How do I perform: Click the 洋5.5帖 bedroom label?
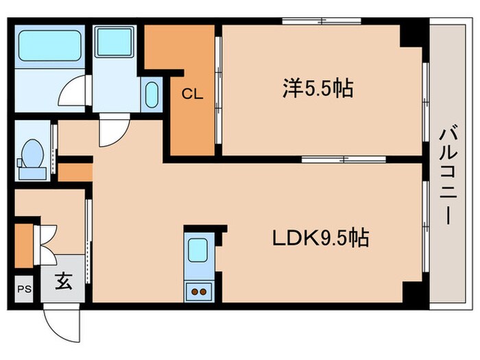point(317,88)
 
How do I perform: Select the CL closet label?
point(192,95)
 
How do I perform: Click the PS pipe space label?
point(24,289)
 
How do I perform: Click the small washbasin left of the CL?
point(152,95)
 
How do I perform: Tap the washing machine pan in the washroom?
point(114,43)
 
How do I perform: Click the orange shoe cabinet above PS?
point(23,245)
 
